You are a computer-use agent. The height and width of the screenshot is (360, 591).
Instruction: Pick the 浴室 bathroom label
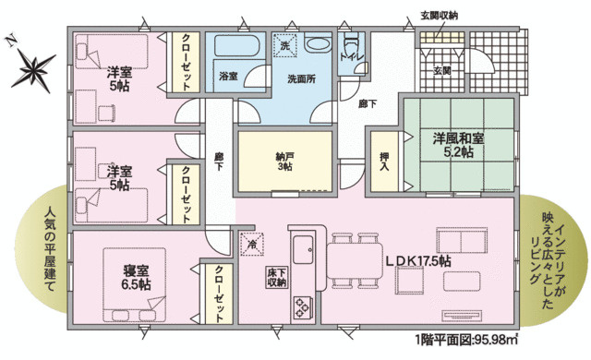point(228,78)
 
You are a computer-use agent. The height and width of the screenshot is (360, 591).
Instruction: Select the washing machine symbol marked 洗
point(285,43)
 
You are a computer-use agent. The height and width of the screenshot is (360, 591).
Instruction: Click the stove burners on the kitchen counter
point(304,306)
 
